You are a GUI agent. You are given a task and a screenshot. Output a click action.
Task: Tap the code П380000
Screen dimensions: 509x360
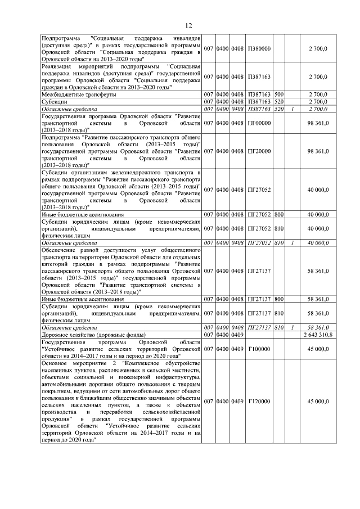click(x=259, y=48)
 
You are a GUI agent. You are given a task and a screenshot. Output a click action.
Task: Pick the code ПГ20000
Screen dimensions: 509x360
click(x=259, y=151)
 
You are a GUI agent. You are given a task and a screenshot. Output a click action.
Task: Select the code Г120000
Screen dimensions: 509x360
click(x=259, y=402)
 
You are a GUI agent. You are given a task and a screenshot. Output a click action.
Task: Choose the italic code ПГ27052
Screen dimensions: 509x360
click(x=260, y=242)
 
